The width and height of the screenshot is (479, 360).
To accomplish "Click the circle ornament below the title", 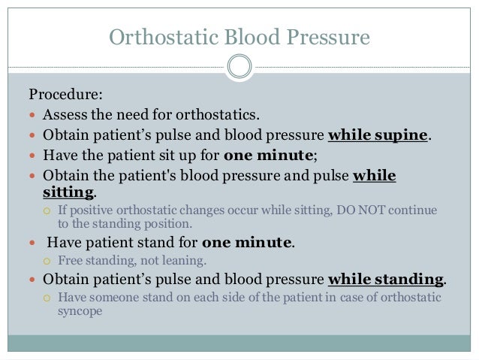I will [x=239, y=67].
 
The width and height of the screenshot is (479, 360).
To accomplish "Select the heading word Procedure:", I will [x=65, y=96].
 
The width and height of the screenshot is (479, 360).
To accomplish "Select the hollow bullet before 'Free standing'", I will [x=46, y=262].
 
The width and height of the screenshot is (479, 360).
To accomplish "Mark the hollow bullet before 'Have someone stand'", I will [x=46, y=298].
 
